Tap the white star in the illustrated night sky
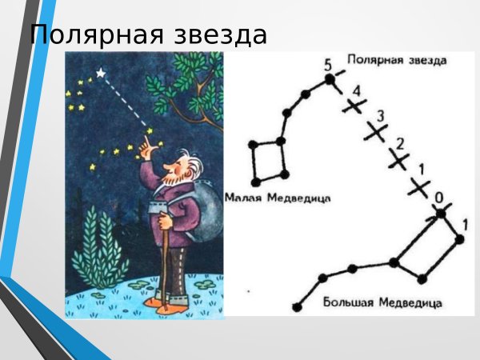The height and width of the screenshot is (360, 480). pyautogui.click(x=100, y=73)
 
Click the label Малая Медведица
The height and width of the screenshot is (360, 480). pyautogui.click(x=278, y=198)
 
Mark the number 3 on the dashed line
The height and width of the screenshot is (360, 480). pyautogui.click(x=381, y=118)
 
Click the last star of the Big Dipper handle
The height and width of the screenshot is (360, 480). pyautogui.click(x=297, y=306)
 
